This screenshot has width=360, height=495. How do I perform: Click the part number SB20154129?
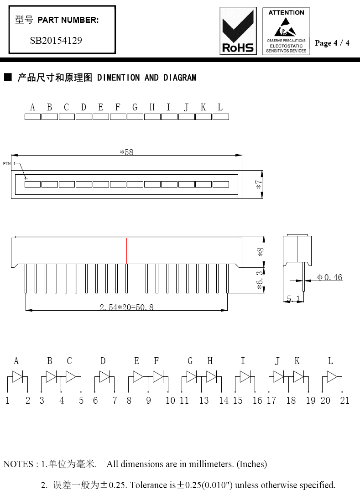pos(56,41)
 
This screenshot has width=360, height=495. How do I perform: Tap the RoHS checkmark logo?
pos(238,31)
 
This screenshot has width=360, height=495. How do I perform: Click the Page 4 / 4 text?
pos(332,43)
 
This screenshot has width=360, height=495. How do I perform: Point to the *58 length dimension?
pos(127,152)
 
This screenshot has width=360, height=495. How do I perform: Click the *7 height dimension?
pos(259,185)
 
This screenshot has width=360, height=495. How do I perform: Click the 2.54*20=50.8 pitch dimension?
pos(127,307)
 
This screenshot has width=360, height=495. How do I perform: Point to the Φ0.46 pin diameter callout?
pos(330,277)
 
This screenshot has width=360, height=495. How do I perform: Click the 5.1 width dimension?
pos(293,298)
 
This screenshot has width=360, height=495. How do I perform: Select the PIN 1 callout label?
pos(9,163)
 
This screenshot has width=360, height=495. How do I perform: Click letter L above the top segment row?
pos(220,107)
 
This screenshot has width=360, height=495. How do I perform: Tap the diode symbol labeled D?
pos(105,376)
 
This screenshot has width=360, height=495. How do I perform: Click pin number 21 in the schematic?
pos(345,401)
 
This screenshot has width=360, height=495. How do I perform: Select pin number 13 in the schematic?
pos(203,401)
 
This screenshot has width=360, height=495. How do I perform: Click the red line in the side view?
pos(297,249)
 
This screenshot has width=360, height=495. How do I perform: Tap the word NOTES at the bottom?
pos(18,464)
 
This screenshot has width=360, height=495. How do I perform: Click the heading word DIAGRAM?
pos(180,78)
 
